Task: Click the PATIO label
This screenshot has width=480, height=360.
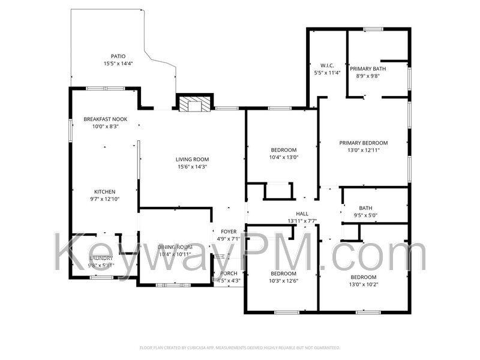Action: tap(118, 56)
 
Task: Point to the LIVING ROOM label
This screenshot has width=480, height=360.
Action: tap(192, 159)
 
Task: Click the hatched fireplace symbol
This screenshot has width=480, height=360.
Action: tap(194, 104)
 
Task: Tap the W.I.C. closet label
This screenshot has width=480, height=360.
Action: tap(327, 65)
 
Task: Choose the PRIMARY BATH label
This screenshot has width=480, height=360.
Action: tap(368, 68)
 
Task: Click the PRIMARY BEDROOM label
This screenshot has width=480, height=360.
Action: tap(364, 143)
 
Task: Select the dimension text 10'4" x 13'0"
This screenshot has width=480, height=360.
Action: tap(284, 157)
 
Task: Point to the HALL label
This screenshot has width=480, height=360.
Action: tap(302, 214)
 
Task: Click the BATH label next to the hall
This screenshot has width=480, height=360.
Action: tap(365, 208)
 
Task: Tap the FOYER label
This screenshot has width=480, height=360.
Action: tap(229, 232)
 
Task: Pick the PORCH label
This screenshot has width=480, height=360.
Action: tap(229, 274)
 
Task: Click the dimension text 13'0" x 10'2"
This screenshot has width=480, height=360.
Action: tap(364, 284)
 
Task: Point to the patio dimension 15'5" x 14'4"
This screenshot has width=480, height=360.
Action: tap(118, 64)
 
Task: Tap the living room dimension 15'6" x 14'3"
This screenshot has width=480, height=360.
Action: tap(192, 167)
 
